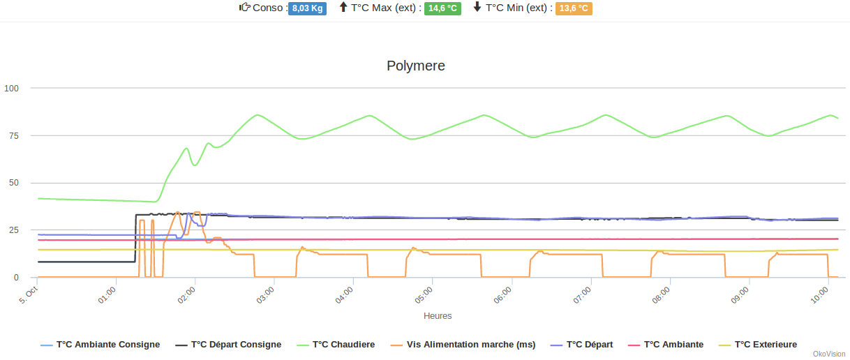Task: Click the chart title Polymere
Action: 416,66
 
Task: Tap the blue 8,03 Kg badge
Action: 307,8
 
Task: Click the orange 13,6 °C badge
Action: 574,8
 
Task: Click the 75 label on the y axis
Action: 14,135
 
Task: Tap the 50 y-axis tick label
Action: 14,183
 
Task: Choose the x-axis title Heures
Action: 438,316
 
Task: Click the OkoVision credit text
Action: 829,354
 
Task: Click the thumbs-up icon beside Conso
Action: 245,8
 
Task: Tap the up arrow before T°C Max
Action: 343,8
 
